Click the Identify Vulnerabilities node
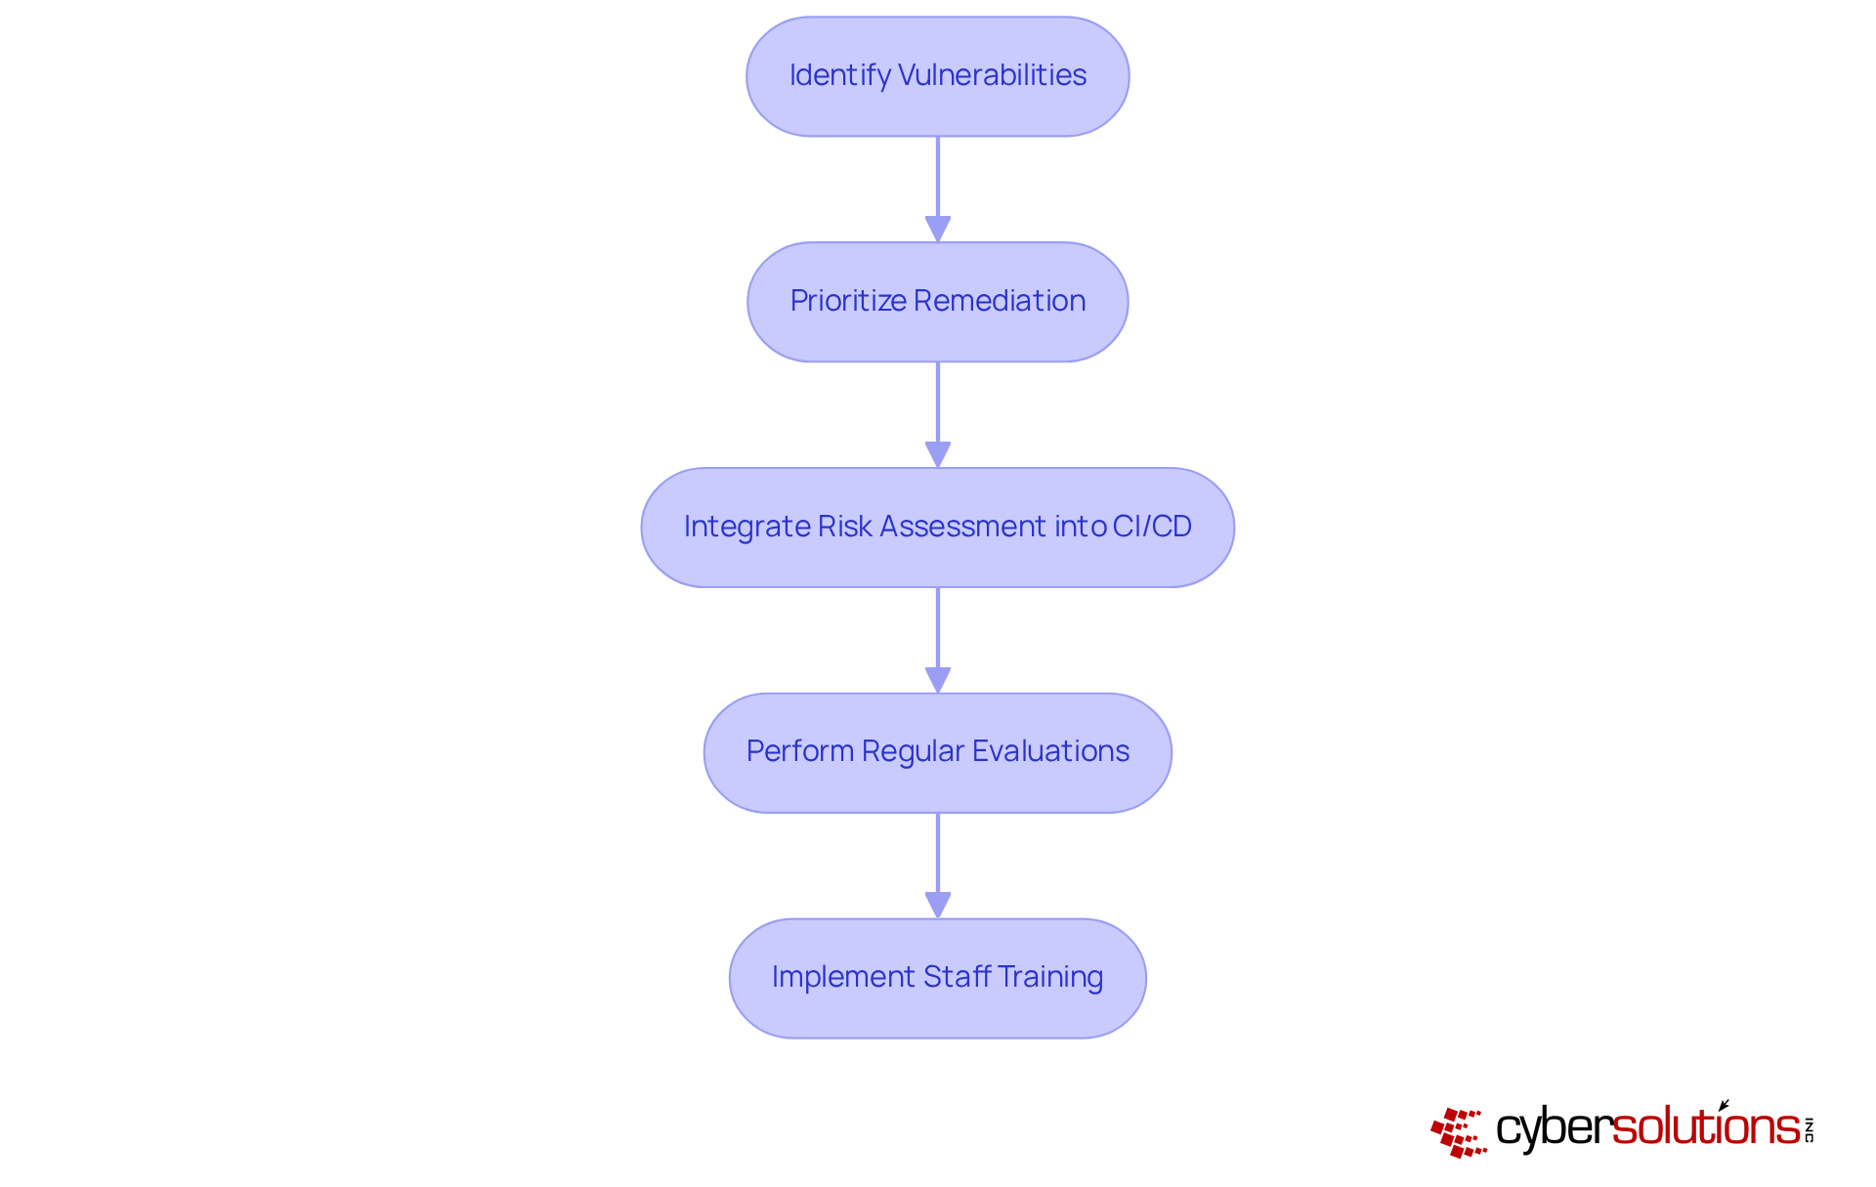[x=937, y=76]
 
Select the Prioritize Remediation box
[x=937, y=302]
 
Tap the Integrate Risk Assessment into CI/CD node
[x=937, y=528]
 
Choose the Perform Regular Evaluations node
[x=937, y=753]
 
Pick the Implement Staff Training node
[x=937, y=978]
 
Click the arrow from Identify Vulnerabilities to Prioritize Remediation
[x=938, y=189]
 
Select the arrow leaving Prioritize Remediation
[x=938, y=414]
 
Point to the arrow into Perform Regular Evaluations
[x=938, y=640]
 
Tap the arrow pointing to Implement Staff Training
[x=938, y=866]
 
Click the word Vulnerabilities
[x=992, y=75]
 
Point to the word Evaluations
[x=1050, y=751]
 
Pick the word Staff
[x=957, y=977]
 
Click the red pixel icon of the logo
[x=1458, y=1132]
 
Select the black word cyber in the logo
[x=1553, y=1129]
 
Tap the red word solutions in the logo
[x=1706, y=1127]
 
